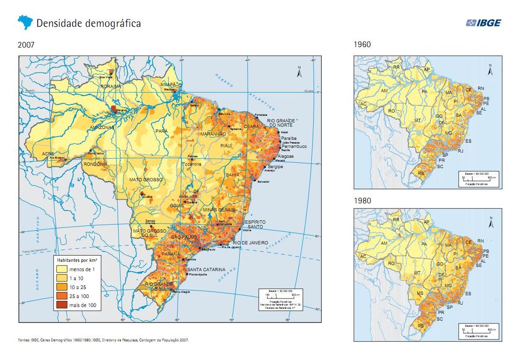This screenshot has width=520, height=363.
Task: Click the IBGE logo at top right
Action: tap(483, 23)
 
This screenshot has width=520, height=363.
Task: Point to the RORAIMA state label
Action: tap(111, 86)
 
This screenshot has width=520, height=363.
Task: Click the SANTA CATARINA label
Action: tap(206, 270)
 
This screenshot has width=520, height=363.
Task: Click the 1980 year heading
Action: tap(362, 201)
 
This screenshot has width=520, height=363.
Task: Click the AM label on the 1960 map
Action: tap(384, 90)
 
